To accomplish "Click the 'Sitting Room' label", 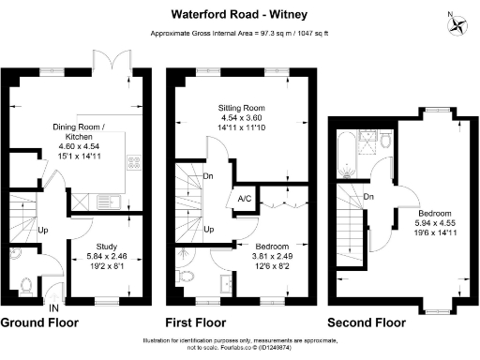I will pos(243,108).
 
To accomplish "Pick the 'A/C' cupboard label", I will pos(244,200).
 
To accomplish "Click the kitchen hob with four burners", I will pos(133,159).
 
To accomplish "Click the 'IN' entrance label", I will pos(53,307).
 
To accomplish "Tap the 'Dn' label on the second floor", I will pos(369,197).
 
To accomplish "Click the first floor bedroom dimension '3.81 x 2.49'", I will pos(247,255).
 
